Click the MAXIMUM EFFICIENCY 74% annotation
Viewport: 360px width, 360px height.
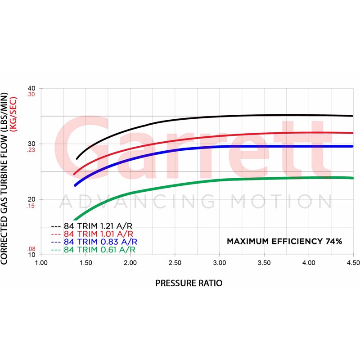pyautogui.click(x=284, y=241)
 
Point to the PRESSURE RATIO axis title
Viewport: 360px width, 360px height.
pyautogui.click(x=189, y=283)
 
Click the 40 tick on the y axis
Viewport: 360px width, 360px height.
pyautogui.click(x=31, y=88)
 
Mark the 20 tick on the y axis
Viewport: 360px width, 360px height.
pyautogui.click(x=31, y=199)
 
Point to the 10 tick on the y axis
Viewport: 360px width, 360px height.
pyautogui.click(x=31, y=255)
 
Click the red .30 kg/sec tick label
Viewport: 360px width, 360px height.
pyautogui.click(x=31, y=94)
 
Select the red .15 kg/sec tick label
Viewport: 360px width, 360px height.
pyautogui.click(x=31, y=206)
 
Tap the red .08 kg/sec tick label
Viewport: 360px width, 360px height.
pyautogui.click(x=31, y=248)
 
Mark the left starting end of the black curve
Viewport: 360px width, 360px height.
pyautogui.click(x=77, y=158)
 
